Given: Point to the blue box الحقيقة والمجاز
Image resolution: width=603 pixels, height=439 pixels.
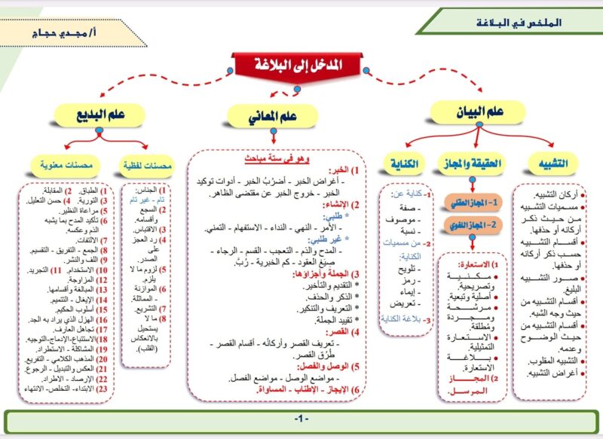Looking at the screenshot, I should [x=471, y=162].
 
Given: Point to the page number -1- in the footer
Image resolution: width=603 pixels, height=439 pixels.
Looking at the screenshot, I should [x=302, y=418].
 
